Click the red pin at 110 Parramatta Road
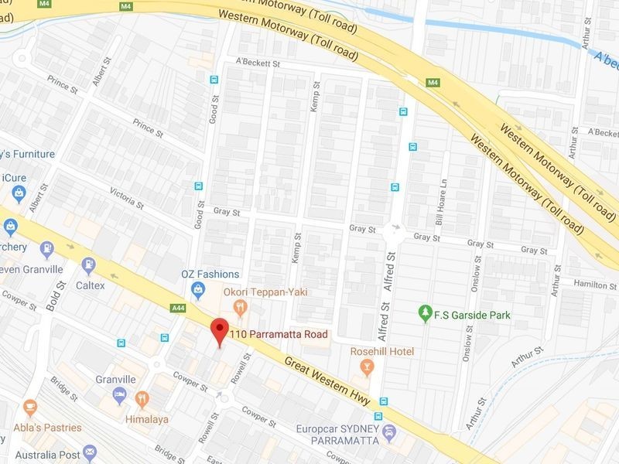click(x=220, y=330)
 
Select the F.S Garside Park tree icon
click(x=424, y=313)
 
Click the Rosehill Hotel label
click(x=382, y=352)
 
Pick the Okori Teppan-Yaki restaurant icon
click(x=240, y=308)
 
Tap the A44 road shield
click(x=178, y=309)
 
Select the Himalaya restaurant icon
click(x=142, y=399)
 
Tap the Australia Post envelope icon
click(x=90, y=451)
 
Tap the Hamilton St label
click(x=595, y=285)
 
